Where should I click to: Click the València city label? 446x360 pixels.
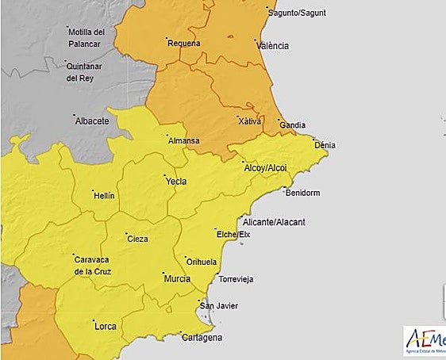[273, 46]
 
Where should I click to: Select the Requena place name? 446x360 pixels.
[184, 44]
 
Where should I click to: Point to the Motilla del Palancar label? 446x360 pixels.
[92, 37]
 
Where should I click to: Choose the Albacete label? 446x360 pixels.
[91, 121]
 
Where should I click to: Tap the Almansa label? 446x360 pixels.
[184, 141]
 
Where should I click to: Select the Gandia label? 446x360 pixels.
[293, 126]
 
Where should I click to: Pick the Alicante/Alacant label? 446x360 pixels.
[275, 222]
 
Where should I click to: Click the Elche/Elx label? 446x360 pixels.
[233, 235]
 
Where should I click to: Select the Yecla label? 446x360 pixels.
[175, 182]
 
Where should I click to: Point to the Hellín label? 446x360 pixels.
[104, 195]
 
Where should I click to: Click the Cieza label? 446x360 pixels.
[137, 239]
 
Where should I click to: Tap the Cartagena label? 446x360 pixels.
[201, 338]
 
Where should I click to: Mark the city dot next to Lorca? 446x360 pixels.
[90, 319]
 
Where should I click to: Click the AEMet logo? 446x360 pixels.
[425, 341]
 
